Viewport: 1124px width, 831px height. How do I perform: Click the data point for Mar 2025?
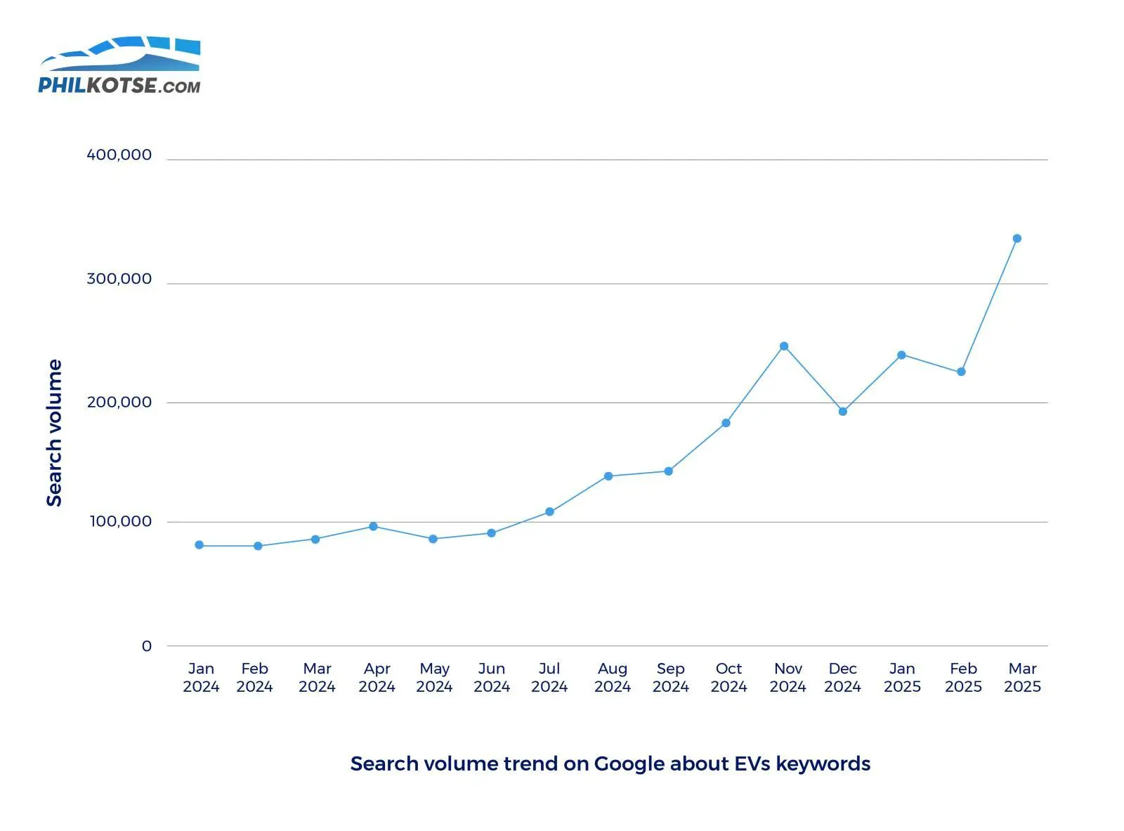(x=1017, y=239)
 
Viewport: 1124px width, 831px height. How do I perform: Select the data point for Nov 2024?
(x=784, y=346)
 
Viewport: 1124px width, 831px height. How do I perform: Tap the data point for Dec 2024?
(x=843, y=412)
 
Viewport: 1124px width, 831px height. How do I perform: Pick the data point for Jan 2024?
(x=200, y=545)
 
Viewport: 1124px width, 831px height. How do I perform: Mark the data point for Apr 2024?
(x=373, y=527)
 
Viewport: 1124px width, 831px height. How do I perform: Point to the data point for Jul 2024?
(x=549, y=512)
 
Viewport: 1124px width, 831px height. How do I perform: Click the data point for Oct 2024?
(x=726, y=423)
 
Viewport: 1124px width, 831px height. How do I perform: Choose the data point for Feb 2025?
(x=961, y=372)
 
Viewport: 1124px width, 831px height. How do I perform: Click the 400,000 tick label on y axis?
(x=119, y=155)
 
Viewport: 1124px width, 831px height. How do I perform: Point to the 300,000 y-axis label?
(x=119, y=279)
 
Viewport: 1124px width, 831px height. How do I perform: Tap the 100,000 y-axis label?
(x=120, y=521)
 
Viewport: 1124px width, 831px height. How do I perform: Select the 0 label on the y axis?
(x=146, y=646)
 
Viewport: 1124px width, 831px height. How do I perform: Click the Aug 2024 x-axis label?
(x=612, y=678)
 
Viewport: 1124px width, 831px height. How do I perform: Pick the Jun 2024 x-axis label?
(x=491, y=678)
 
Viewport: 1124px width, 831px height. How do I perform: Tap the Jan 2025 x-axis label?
(x=902, y=678)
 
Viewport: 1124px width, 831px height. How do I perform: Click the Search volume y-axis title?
(x=54, y=433)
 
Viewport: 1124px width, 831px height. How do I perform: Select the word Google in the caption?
(x=629, y=764)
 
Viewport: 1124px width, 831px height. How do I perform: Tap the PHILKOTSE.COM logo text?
(x=119, y=86)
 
